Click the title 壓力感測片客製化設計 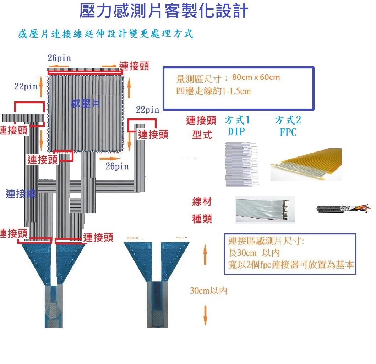pos(164,11)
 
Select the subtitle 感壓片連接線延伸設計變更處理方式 pos(105,34)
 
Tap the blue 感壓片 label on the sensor pos(85,104)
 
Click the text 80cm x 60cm pos(256,77)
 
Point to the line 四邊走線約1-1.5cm pos(213,91)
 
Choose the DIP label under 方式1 pos(236,132)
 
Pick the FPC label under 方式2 pos(288,132)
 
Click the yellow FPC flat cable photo pos(306,164)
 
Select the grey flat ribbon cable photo pos(265,209)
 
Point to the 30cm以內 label pos(208,291)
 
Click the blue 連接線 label pos(21,194)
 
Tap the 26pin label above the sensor pos(59,58)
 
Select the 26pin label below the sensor pos(117,166)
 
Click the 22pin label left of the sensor pos(26,86)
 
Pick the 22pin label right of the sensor pos(147,110)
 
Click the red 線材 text pos(202,203)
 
